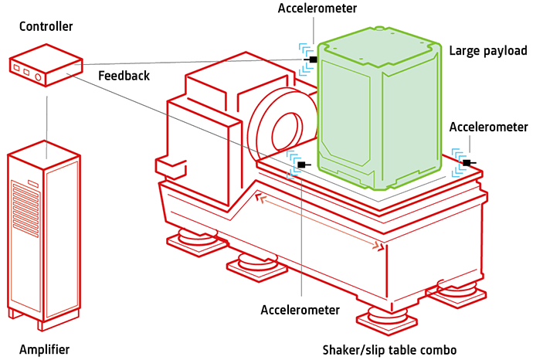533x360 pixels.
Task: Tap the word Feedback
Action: (124, 76)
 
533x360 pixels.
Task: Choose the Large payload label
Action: (488, 51)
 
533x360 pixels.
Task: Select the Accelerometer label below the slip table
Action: (300, 311)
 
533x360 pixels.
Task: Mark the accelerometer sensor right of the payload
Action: (467, 162)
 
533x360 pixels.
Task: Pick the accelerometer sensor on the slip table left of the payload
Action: (300, 164)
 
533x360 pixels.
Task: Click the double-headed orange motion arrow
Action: (321, 223)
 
